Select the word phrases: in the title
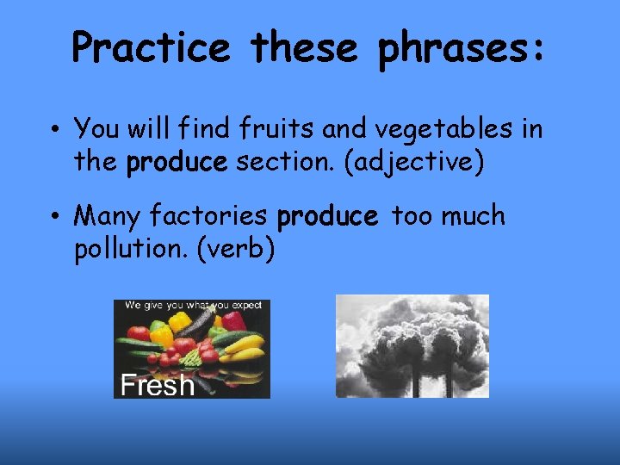point(461,49)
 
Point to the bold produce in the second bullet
point(327,218)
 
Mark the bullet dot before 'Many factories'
point(54,218)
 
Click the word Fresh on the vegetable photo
point(157,385)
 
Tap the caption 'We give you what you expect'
point(192,305)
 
